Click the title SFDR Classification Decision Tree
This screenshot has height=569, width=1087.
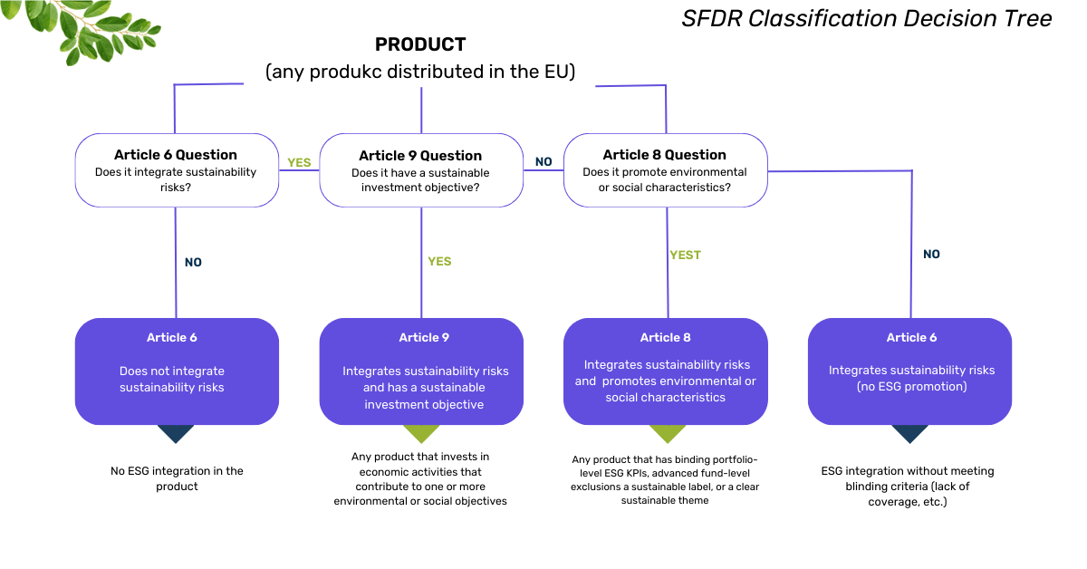click(x=867, y=19)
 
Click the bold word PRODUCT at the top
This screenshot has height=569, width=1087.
click(x=420, y=44)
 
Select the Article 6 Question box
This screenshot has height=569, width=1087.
click(x=176, y=170)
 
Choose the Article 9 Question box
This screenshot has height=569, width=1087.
click(x=420, y=170)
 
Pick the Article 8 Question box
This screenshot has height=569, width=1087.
click(x=665, y=170)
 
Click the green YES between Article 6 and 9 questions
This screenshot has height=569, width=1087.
click(x=299, y=163)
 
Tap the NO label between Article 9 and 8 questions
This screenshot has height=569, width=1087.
click(x=543, y=162)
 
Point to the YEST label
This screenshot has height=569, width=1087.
click(x=685, y=256)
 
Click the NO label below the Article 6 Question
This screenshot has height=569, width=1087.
click(x=193, y=263)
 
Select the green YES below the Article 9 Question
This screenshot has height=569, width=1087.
click(x=439, y=262)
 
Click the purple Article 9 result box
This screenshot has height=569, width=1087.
click(x=421, y=371)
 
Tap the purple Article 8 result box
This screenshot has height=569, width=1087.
click(x=666, y=371)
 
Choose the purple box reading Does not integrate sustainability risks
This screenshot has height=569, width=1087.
click(x=177, y=371)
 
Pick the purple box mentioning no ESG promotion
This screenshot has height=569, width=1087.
click(x=910, y=371)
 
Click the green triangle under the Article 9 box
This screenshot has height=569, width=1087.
click(x=421, y=433)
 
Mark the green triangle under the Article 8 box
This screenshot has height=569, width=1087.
click(x=667, y=433)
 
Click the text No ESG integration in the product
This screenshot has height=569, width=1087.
click(x=177, y=478)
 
